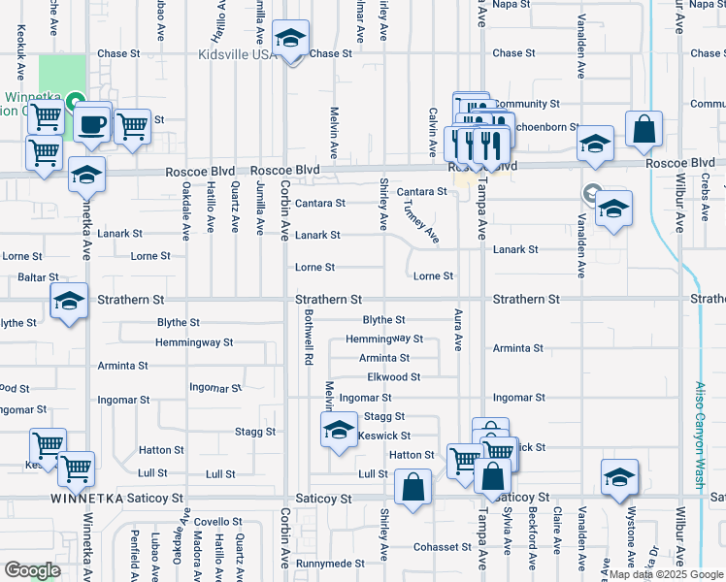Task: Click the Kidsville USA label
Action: (238, 54)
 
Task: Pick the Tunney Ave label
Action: (419, 222)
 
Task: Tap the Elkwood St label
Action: (394, 377)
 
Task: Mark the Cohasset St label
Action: (444, 547)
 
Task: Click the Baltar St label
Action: (20, 277)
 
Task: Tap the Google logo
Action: (32, 569)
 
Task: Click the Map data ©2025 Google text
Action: (664, 575)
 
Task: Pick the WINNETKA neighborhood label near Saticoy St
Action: (90, 499)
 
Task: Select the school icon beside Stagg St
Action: (339, 429)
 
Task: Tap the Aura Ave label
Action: (457, 329)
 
